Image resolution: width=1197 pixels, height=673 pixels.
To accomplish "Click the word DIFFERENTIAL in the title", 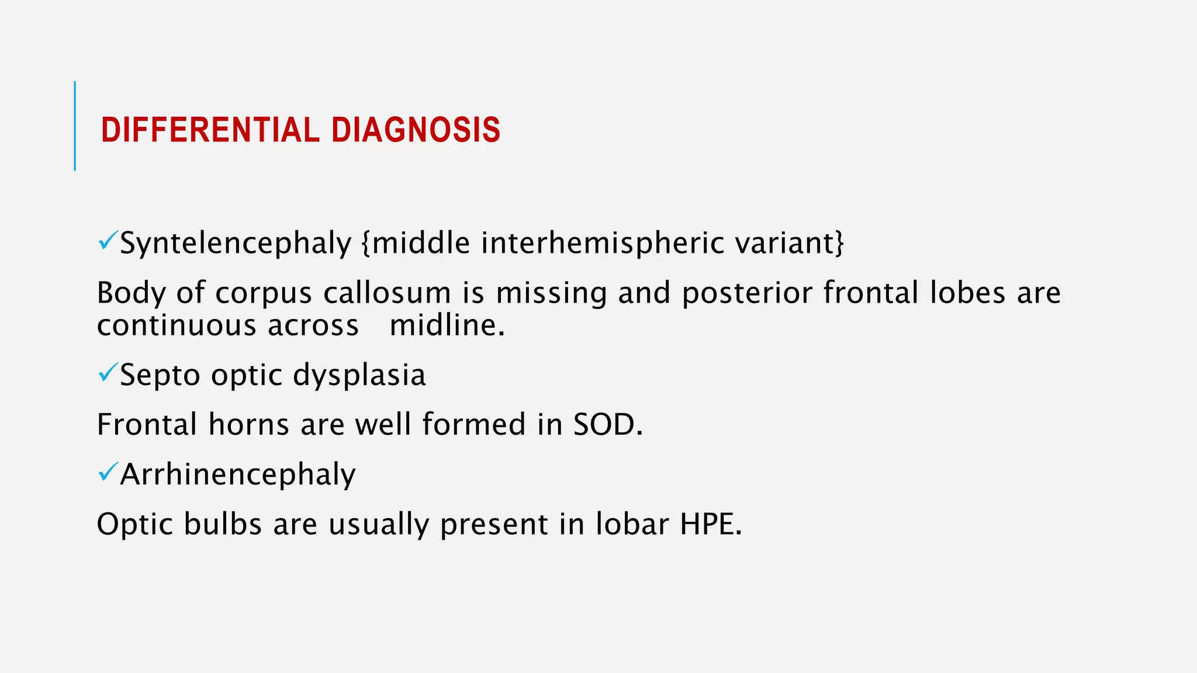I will (x=210, y=130).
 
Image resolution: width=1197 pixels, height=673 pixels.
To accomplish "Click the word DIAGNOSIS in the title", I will (x=416, y=130).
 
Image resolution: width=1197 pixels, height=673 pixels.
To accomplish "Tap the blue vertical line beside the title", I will (x=75, y=126).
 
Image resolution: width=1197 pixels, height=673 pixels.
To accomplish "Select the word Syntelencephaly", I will (x=236, y=243).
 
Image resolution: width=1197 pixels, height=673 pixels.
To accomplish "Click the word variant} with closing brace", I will (x=790, y=243).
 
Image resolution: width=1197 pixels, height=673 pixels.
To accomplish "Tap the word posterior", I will (x=746, y=293).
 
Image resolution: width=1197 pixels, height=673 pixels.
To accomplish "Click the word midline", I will (x=447, y=325).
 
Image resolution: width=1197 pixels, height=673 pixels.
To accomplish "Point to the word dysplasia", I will (x=359, y=375).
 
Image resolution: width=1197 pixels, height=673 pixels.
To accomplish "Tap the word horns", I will (x=248, y=425).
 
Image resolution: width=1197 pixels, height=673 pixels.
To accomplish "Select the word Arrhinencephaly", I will (x=238, y=474).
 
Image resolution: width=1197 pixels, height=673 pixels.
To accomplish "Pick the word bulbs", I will (x=223, y=524).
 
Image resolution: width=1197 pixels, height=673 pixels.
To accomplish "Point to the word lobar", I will (x=632, y=524).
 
